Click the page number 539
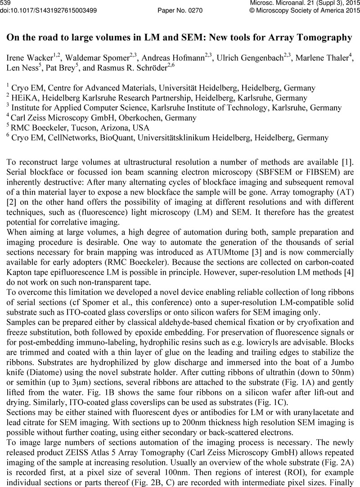6,3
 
